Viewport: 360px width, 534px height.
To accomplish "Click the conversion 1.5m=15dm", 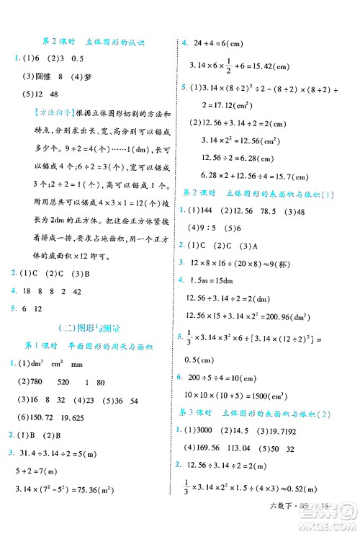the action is click(x=214, y=280).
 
